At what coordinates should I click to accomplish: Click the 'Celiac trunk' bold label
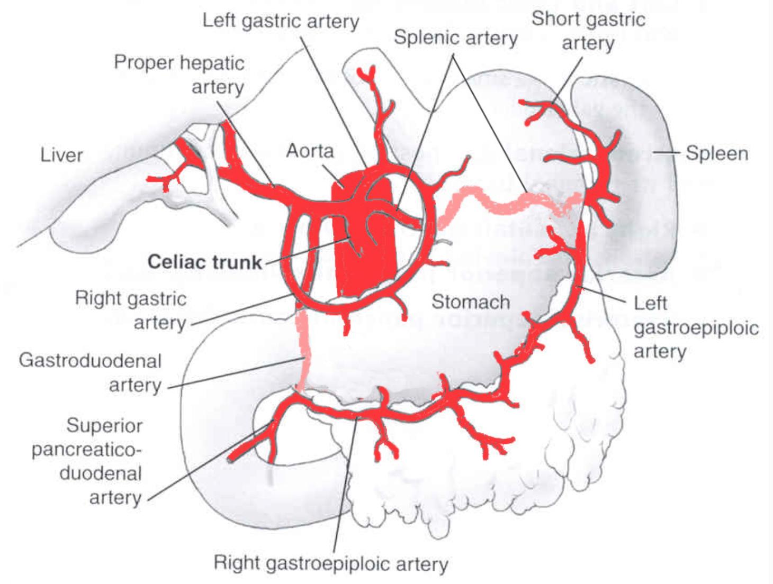click(204, 262)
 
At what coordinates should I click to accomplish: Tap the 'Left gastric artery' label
click(281, 21)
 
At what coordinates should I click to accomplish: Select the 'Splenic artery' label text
click(456, 38)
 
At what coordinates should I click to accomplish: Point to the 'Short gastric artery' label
click(588, 31)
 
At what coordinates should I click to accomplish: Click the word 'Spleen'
click(717, 153)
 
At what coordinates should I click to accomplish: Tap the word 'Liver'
click(61, 155)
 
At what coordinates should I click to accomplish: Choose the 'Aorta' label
click(310, 151)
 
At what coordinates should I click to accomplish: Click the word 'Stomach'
click(471, 302)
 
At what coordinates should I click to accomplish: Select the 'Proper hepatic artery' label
click(179, 75)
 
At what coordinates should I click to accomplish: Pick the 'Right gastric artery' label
click(131, 311)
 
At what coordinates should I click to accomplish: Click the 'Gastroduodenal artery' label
click(90, 373)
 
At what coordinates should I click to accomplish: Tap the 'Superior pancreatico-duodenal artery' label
click(87, 461)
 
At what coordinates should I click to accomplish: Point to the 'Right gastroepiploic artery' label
click(331, 563)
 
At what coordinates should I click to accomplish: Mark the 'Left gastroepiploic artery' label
click(696, 327)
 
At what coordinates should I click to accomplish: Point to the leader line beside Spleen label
click(667, 152)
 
